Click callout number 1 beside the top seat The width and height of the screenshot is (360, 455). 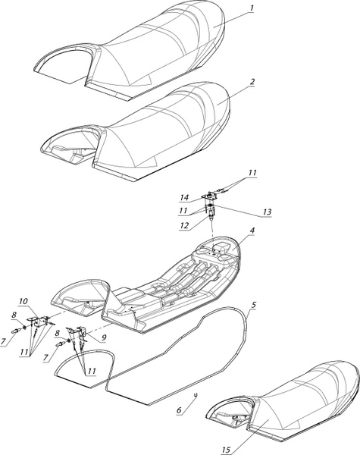click(x=252, y=8)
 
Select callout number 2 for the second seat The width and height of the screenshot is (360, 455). click(x=252, y=82)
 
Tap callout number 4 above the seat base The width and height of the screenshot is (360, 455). click(x=252, y=231)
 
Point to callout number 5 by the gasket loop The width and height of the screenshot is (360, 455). click(x=254, y=305)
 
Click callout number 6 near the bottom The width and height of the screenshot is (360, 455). click(x=179, y=410)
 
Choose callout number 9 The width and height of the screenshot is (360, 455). click(x=104, y=337)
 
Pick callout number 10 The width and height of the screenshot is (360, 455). click(x=23, y=302)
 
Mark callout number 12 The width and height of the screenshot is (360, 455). click(x=183, y=225)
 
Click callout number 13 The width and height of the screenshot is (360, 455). click(x=267, y=212)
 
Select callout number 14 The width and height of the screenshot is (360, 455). click(x=184, y=198)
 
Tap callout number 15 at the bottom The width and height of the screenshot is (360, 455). click(x=226, y=450)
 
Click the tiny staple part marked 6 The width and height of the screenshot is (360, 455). click(x=196, y=396)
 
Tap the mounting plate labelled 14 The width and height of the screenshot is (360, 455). click(x=209, y=196)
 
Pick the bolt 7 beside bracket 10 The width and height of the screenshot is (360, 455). click(x=16, y=331)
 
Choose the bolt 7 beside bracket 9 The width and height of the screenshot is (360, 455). click(x=61, y=344)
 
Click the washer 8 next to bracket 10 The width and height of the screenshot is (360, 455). click(x=24, y=328)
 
